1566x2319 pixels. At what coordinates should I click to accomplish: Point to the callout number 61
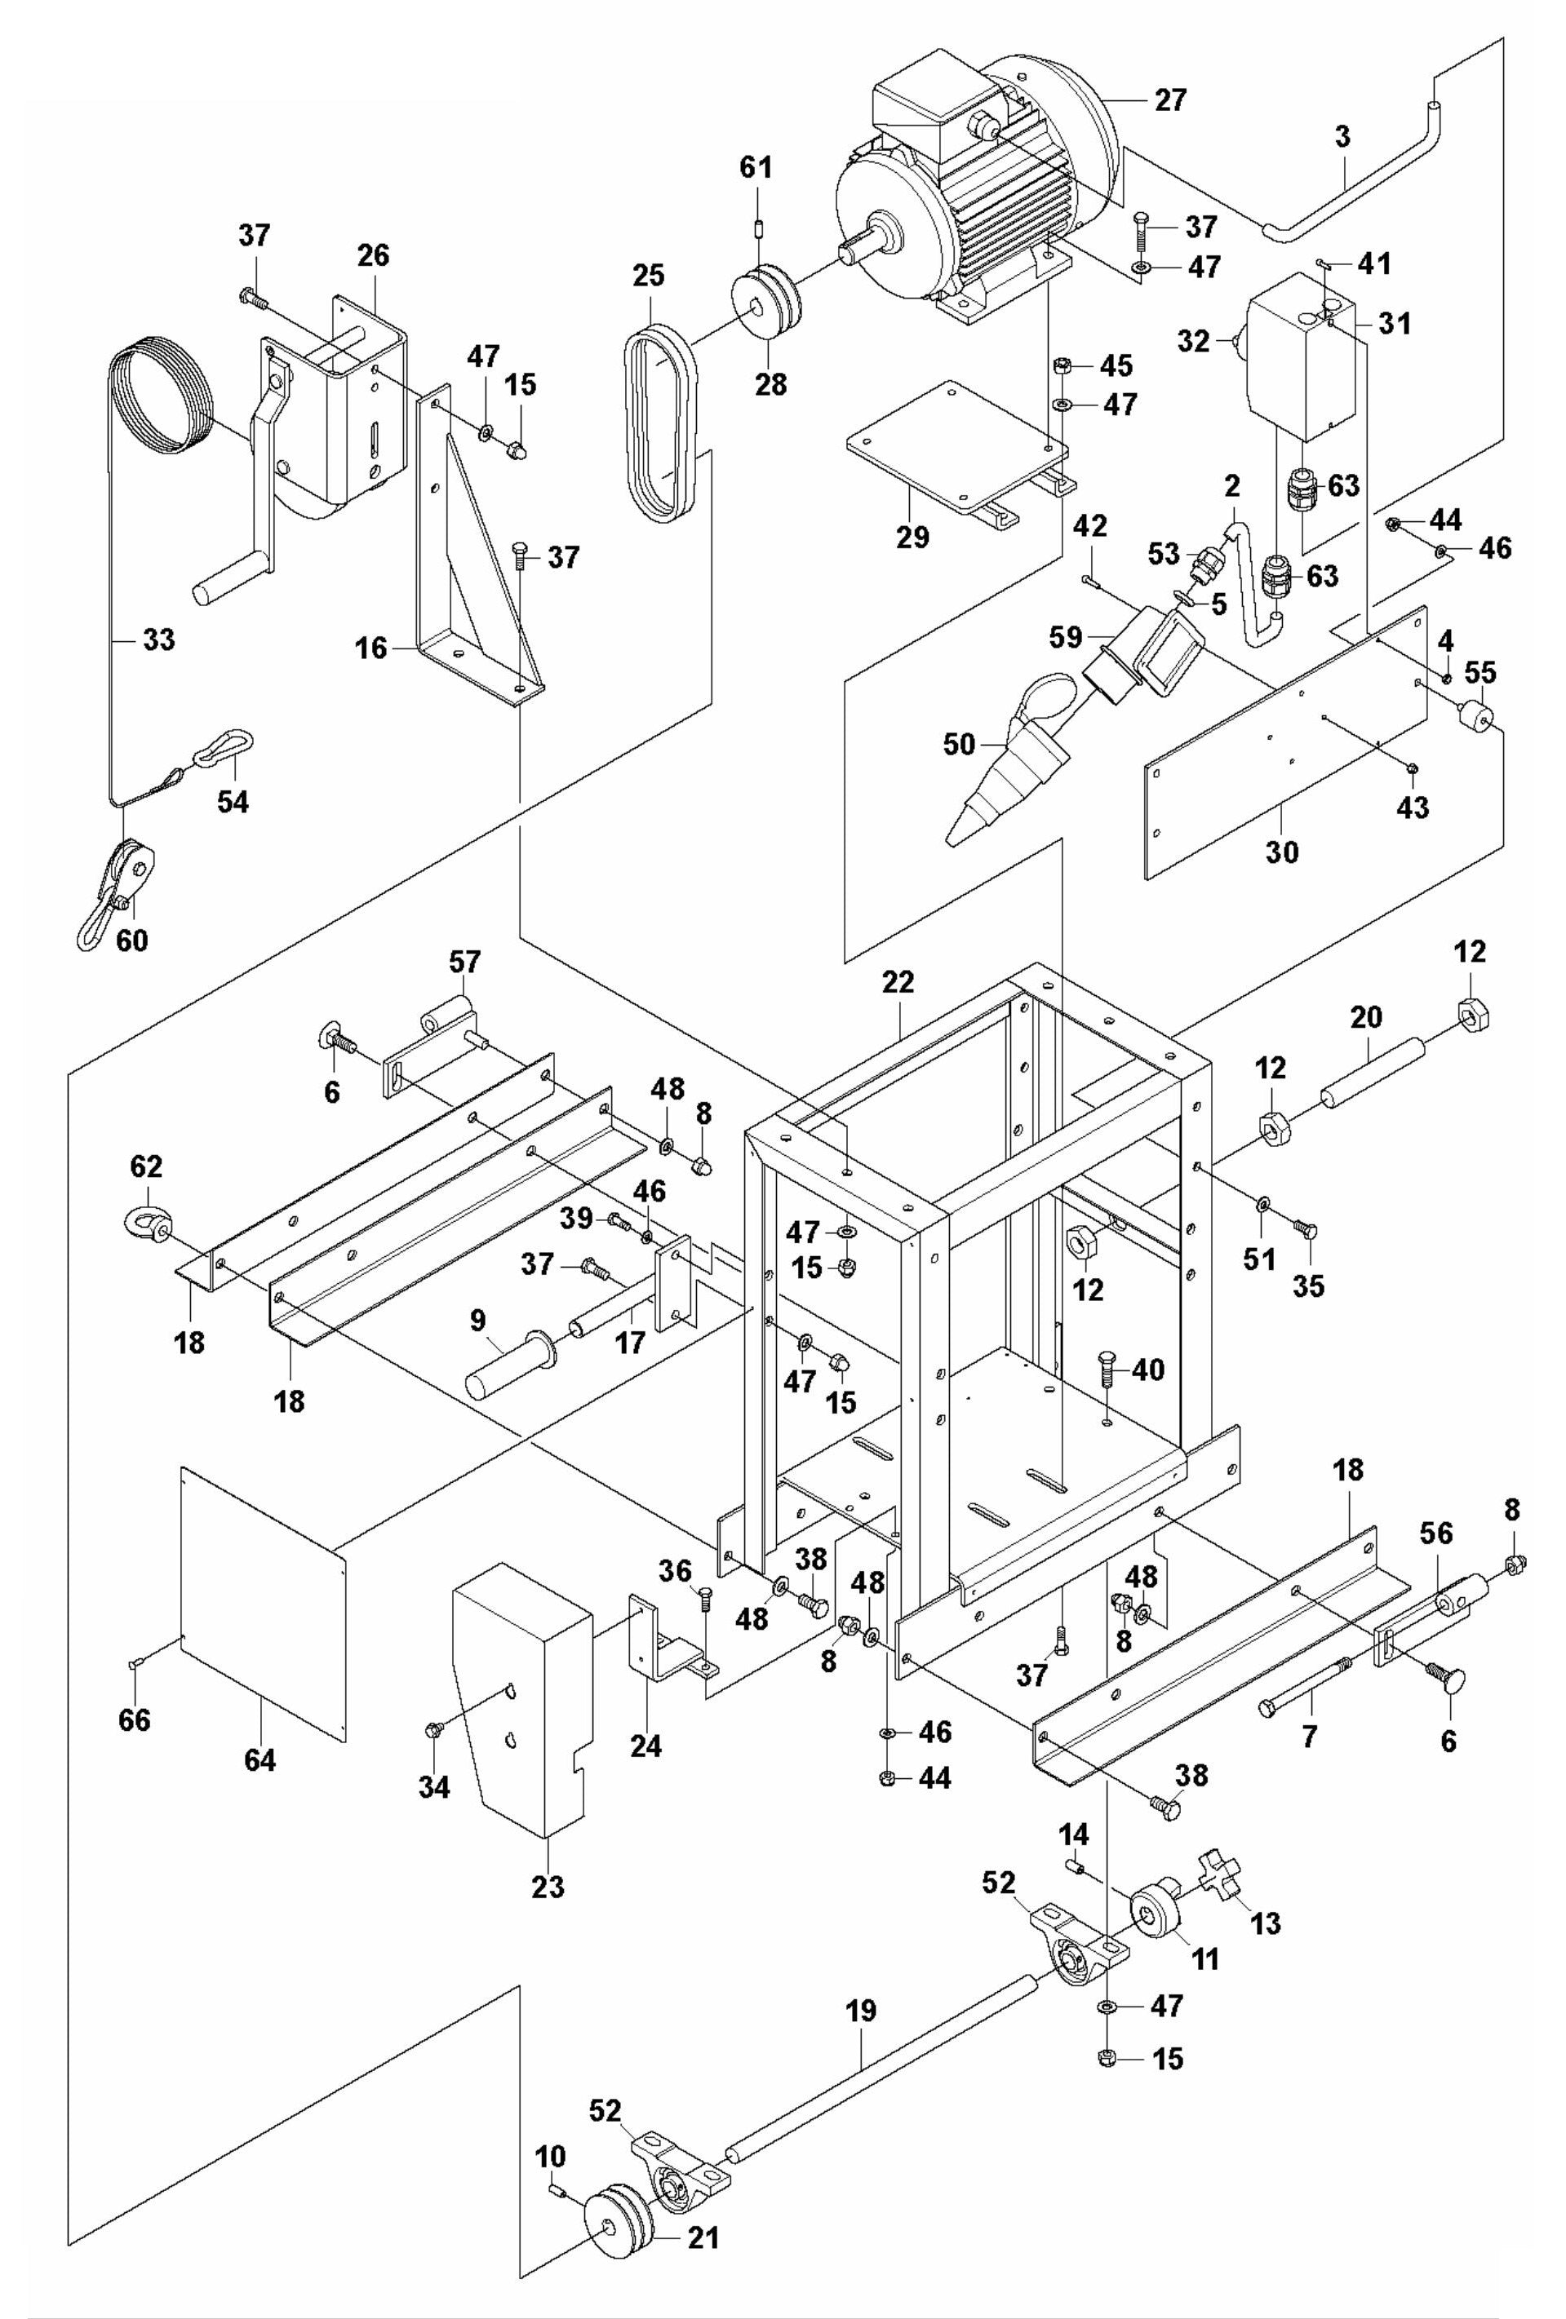756,166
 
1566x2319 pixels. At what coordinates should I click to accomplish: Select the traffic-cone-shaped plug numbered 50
1008,768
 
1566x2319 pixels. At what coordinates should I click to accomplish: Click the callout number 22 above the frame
898,982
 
